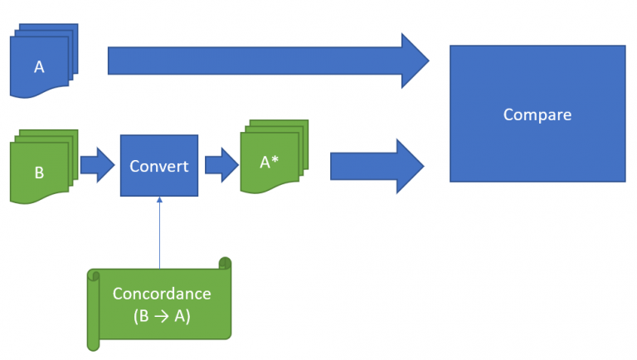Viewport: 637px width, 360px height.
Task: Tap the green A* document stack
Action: click(275, 157)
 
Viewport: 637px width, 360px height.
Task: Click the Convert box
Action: click(159, 165)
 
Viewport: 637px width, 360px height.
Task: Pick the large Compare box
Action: click(537, 114)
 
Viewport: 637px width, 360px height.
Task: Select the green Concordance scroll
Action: click(159, 304)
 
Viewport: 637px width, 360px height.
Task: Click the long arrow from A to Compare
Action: click(268, 61)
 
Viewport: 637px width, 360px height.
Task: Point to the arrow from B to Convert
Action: click(98, 165)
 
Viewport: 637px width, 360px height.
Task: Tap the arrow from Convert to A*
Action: click(221, 165)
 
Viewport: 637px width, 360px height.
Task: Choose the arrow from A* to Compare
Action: click(377, 166)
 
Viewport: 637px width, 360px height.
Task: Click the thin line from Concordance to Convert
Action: click(159, 233)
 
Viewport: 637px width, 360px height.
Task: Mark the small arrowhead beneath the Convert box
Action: click(159, 200)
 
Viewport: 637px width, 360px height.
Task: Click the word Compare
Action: click(537, 114)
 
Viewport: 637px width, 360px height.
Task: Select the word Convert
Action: click(159, 166)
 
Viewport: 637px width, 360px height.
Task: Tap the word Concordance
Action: click(162, 294)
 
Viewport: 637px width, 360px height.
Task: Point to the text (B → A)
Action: click(162, 316)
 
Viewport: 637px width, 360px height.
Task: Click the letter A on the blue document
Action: click(39, 66)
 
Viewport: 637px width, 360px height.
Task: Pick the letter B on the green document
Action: click(39, 173)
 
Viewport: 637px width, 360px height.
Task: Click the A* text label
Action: click(269, 162)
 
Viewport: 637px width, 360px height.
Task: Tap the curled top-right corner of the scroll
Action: click(225, 263)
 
